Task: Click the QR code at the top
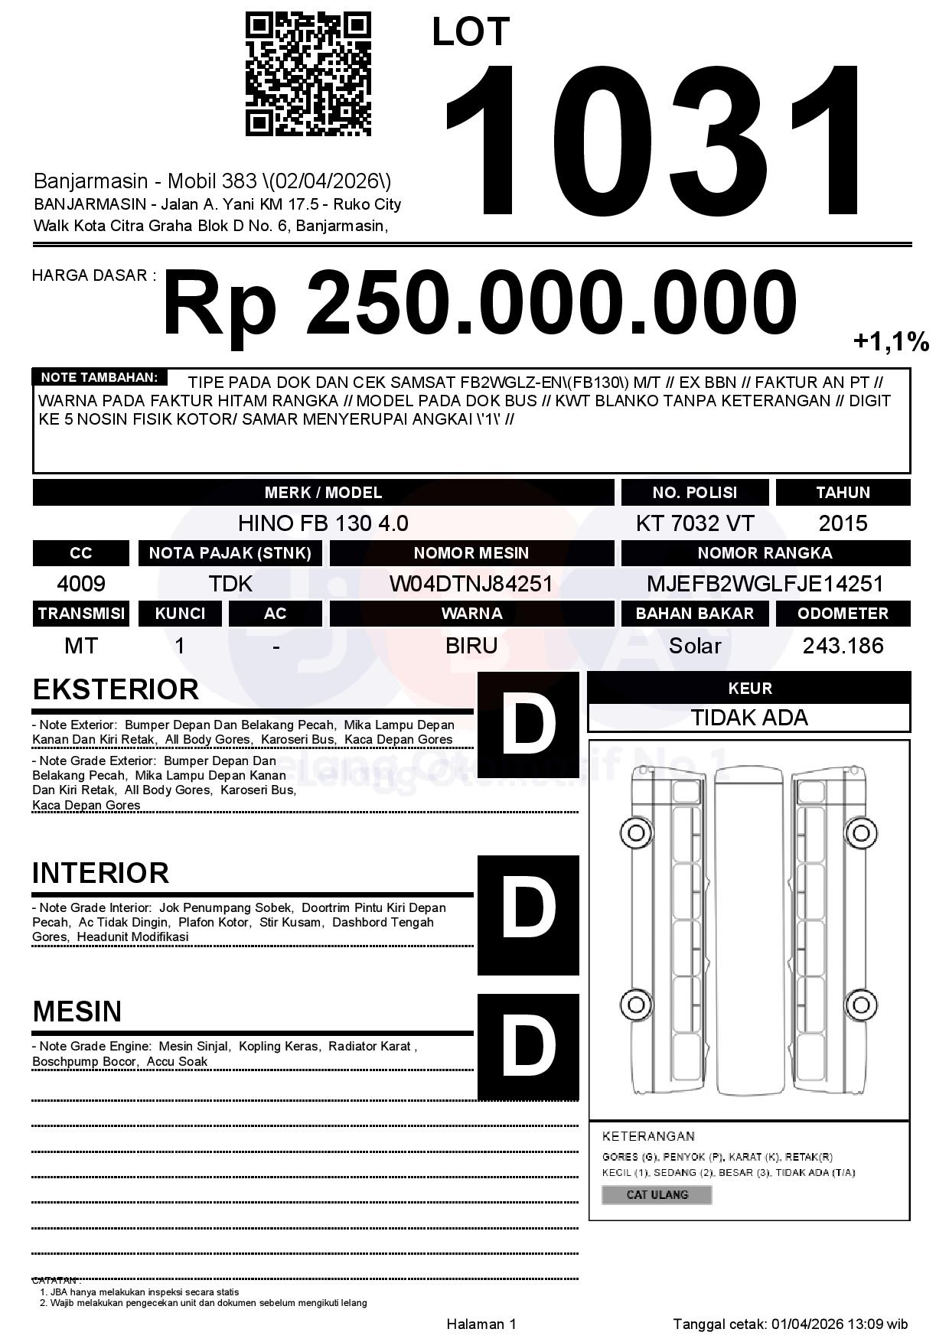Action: click(308, 74)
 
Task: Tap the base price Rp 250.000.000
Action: click(480, 303)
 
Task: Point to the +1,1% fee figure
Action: click(891, 341)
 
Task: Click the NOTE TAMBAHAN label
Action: click(99, 377)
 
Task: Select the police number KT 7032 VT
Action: click(694, 523)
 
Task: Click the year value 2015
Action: click(843, 523)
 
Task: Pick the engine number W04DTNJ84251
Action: click(471, 584)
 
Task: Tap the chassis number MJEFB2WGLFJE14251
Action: click(765, 584)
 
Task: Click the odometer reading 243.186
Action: click(843, 646)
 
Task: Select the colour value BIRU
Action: click(471, 646)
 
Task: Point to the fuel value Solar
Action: click(694, 646)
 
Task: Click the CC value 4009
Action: click(81, 584)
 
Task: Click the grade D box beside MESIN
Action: click(528, 1046)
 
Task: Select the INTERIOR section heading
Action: click(100, 873)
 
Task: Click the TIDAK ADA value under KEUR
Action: click(749, 718)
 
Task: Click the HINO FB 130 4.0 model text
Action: click(323, 523)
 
